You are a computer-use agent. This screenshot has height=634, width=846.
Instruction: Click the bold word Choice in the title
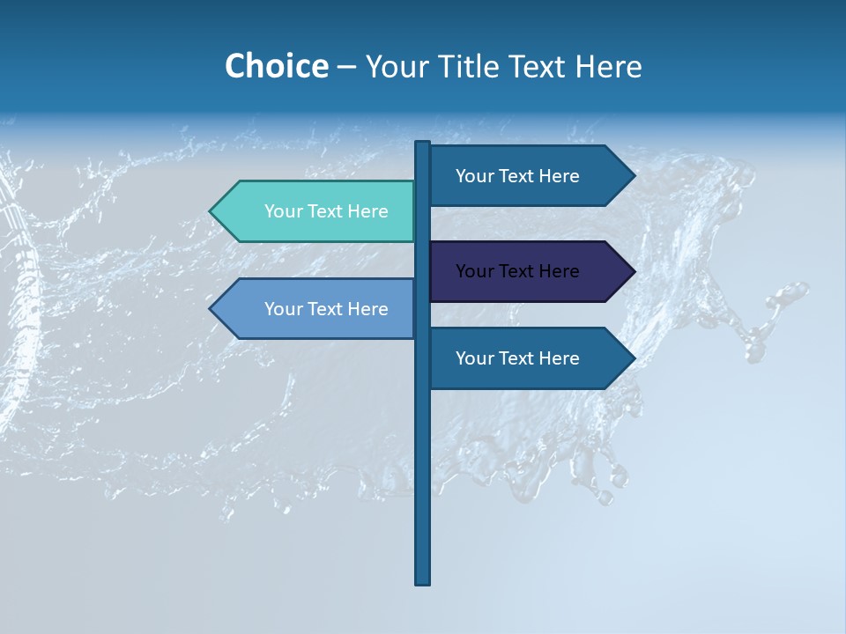[x=276, y=66]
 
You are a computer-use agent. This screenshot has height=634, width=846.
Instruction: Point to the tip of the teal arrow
[x=211, y=211]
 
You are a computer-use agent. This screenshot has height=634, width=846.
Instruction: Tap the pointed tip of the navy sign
[x=633, y=271]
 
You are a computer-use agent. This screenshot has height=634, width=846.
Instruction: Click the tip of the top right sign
[x=633, y=176]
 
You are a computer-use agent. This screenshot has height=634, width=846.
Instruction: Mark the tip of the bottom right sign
[x=633, y=358]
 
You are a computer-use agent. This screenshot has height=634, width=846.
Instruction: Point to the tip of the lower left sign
[x=211, y=309]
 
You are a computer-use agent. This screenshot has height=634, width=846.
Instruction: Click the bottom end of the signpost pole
[x=422, y=581]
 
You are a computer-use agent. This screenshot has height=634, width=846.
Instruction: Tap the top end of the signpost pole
[x=422, y=144]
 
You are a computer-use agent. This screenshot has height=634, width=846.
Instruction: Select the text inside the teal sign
[x=326, y=211]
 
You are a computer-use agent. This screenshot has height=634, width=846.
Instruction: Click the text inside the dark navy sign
[x=517, y=271]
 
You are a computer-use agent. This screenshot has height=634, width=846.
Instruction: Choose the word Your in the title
[x=396, y=66]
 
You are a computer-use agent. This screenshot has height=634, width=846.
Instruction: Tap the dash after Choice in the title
[x=346, y=67]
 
